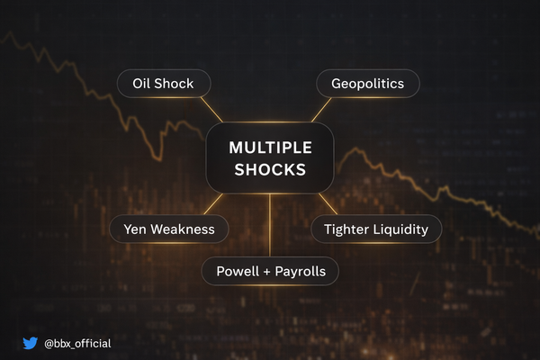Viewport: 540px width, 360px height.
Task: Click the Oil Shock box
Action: (x=164, y=85)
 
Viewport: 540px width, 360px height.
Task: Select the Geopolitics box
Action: (x=367, y=85)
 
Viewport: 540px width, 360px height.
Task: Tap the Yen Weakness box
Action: (x=168, y=229)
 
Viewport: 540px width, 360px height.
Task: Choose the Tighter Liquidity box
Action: (x=376, y=229)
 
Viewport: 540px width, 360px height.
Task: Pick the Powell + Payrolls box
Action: (x=270, y=270)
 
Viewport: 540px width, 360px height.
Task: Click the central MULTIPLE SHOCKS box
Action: (x=270, y=158)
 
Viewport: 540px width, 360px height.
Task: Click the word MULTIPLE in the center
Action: (x=270, y=148)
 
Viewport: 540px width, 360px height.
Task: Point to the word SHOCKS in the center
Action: (x=270, y=170)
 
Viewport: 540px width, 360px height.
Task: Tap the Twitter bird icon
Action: (x=31, y=343)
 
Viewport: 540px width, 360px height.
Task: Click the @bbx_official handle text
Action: (x=78, y=343)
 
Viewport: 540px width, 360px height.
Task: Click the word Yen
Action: (x=136, y=229)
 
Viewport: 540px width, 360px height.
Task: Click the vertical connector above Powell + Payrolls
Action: (x=270, y=225)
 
